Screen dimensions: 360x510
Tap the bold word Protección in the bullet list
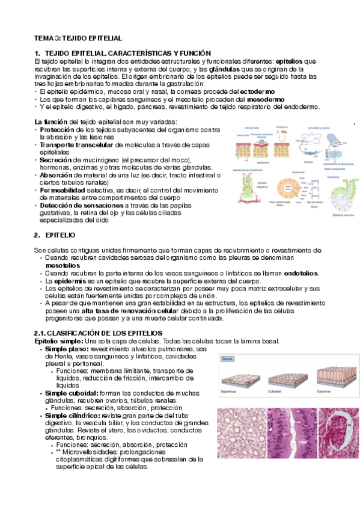point(57,129)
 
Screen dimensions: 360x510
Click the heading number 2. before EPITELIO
point(37,235)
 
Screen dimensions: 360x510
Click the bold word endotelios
point(301,273)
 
